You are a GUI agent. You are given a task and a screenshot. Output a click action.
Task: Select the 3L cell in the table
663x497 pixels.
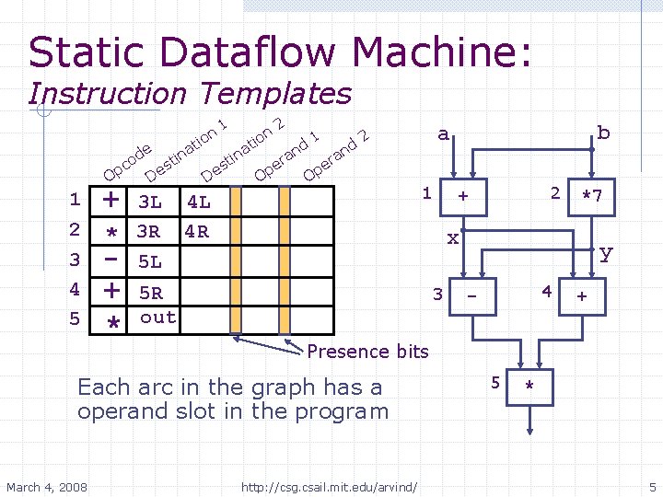[x=150, y=202]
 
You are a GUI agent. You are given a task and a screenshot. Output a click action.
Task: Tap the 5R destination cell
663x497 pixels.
[x=150, y=294]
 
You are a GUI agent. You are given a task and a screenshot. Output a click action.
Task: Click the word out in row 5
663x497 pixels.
[x=157, y=318]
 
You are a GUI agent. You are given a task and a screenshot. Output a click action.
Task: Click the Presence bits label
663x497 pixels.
[x=367, y=351]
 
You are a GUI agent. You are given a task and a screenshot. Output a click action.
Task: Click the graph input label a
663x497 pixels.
[x=444, y=134]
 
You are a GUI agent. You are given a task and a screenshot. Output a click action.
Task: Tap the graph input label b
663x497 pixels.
[x=603, y=133]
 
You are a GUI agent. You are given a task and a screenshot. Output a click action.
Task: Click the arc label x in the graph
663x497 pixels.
[x=452, y=238]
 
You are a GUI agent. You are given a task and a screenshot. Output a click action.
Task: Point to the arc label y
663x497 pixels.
[x=604, y=252]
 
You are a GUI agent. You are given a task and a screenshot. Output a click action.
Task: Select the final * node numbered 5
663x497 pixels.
[x=530, y=387]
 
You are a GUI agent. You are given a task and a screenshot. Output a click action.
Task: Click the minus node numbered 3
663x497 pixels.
[x=472, y=296]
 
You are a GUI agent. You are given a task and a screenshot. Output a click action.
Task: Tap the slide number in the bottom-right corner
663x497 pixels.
[x=651, y=486]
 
